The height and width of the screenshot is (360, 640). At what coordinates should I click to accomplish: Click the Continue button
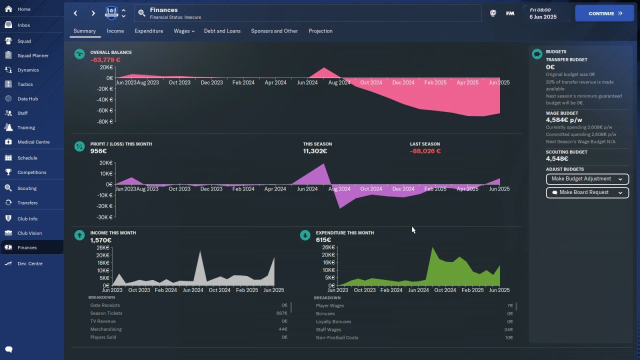click(604, 13)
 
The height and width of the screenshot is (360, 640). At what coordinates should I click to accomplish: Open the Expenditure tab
click(149, 31)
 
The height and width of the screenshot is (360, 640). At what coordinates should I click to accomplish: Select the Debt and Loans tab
click(222, 31)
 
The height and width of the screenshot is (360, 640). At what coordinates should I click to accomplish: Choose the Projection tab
click(320, 31)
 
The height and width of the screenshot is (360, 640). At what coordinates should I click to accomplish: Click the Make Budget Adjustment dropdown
click(587, 179)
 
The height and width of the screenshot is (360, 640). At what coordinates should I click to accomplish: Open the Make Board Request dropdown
click(587, 192)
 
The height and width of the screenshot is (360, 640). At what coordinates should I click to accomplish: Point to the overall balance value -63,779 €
click(105, 60)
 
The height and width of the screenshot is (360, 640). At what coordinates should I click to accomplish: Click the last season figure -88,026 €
click(425, 151)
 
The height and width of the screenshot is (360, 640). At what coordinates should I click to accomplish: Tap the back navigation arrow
click(75, 13)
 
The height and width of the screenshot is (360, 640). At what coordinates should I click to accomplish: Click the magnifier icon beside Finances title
click(141, 13)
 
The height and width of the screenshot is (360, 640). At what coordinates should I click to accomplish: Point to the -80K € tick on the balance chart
click(105, 121)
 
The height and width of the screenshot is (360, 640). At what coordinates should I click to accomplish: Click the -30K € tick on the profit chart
click(105, 217)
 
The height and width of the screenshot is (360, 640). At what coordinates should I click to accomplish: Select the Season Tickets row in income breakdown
click(188, 313)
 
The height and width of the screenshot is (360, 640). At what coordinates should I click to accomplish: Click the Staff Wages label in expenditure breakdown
click(328, 329)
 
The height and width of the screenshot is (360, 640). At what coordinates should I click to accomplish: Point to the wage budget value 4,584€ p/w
click(563, 120)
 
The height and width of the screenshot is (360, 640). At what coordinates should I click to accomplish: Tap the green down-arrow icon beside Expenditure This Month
click(305, 235)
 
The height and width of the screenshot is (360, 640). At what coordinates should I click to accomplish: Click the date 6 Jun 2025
click(543, 17)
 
